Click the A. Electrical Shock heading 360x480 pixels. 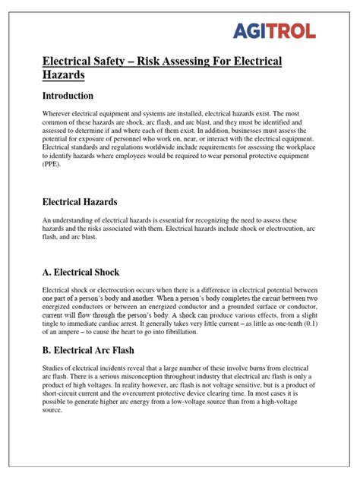[x=81, y=271]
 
